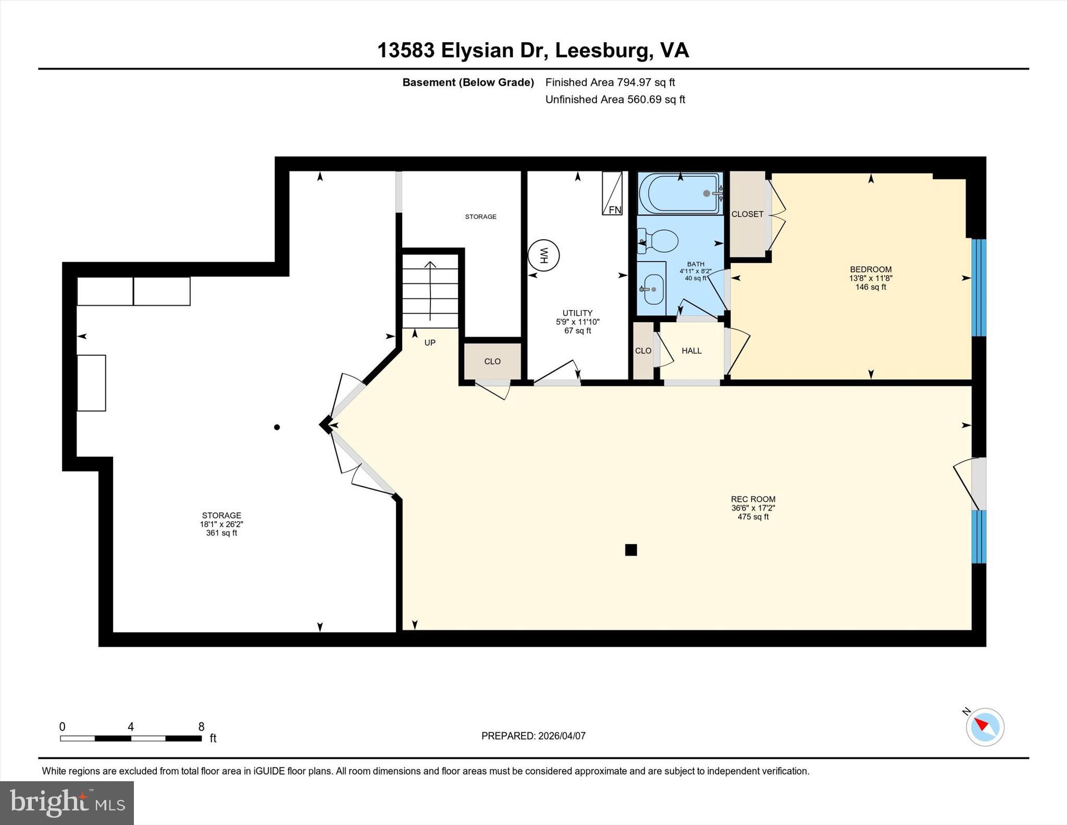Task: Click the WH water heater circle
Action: (543, 255)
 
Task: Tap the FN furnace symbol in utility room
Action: (612, 193)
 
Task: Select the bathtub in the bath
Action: (680, 193)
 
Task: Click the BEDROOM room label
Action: (871, 269)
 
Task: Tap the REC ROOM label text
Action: (753, 499)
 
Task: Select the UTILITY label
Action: (577, 313)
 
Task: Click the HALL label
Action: (691, 351)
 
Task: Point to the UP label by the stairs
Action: (430, 342)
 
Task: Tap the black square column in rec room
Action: (631, 550)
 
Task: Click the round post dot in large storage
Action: (277, 427)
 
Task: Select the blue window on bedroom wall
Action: (979, 288)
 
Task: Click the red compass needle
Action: (982, 724)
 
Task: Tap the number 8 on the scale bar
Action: (201, 727)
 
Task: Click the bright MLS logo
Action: (67, 803)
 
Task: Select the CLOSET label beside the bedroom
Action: (747, 214)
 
